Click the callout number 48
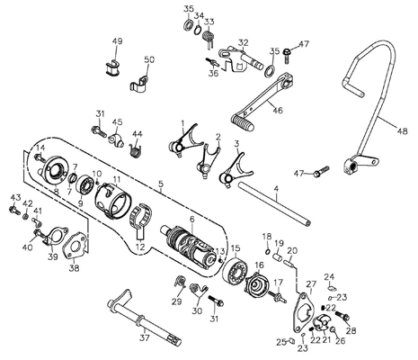tap(403, 131)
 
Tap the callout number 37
tap(144, 338)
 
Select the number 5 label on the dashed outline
tap(161, 183)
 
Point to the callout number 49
tap(118, 41)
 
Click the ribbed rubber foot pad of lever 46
tap(243, 122)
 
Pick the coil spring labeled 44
tap(136, 149)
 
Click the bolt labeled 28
tap(342, 315)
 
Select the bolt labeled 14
tap(40, 157)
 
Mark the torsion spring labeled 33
tap(209, 38)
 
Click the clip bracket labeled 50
tap(139, 83)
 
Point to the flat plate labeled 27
tap(303, 312)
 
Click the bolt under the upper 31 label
tap(99, 131)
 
